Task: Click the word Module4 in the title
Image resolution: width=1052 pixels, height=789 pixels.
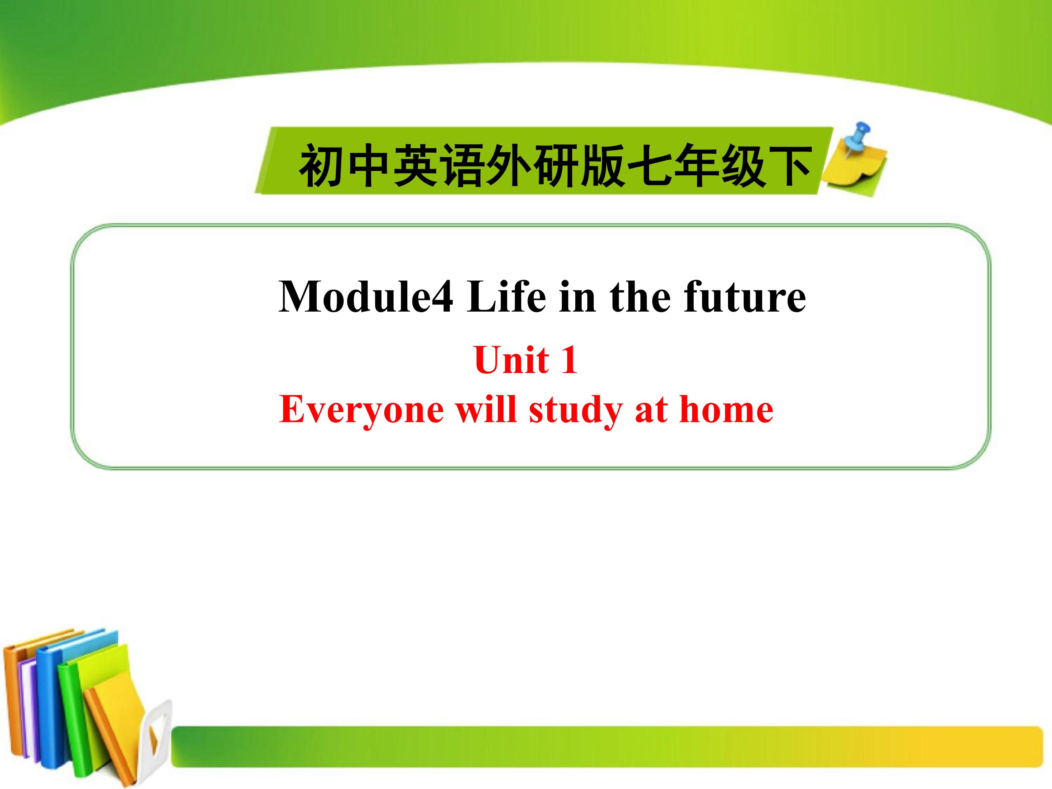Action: pos(365,297)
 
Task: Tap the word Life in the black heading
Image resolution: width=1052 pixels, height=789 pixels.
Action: pos(507,297)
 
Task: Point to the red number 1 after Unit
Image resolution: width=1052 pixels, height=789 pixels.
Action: pos(569,360)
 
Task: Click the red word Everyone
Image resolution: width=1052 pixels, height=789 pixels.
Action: pos(362,410)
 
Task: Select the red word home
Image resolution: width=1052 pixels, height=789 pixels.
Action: pos(726,410)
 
